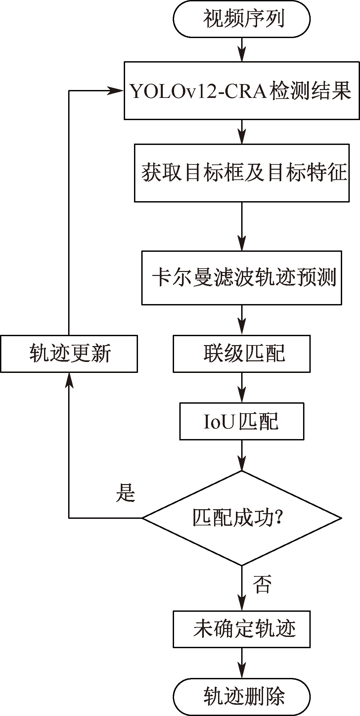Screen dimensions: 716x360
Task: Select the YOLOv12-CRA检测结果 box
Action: [242, 90]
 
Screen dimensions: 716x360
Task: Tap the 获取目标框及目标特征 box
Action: [242, 173]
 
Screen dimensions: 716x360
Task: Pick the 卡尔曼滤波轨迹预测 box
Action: [242, 278]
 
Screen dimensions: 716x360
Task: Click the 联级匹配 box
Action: [242, 354]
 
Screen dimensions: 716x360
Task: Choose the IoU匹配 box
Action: [242, 421]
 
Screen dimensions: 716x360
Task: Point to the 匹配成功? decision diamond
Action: [242, 518]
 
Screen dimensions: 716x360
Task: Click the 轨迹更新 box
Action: [69, 354]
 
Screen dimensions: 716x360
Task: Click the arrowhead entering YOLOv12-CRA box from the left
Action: [116, 90]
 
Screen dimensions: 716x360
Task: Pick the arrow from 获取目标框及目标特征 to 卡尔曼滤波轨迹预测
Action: [242, 226]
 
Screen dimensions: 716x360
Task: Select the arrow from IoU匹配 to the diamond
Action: [242, 455]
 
